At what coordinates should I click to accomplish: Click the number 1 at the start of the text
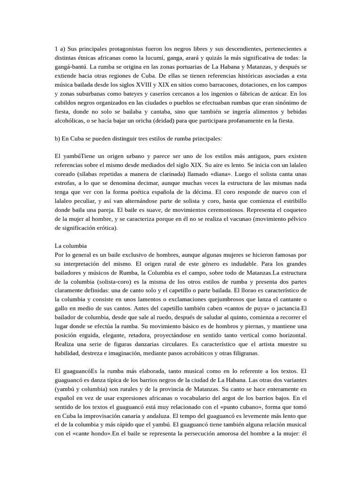tap(57, 49)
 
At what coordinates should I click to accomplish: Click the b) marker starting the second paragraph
tap(58, 139)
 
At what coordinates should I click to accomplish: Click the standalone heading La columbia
tap(71, 246)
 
